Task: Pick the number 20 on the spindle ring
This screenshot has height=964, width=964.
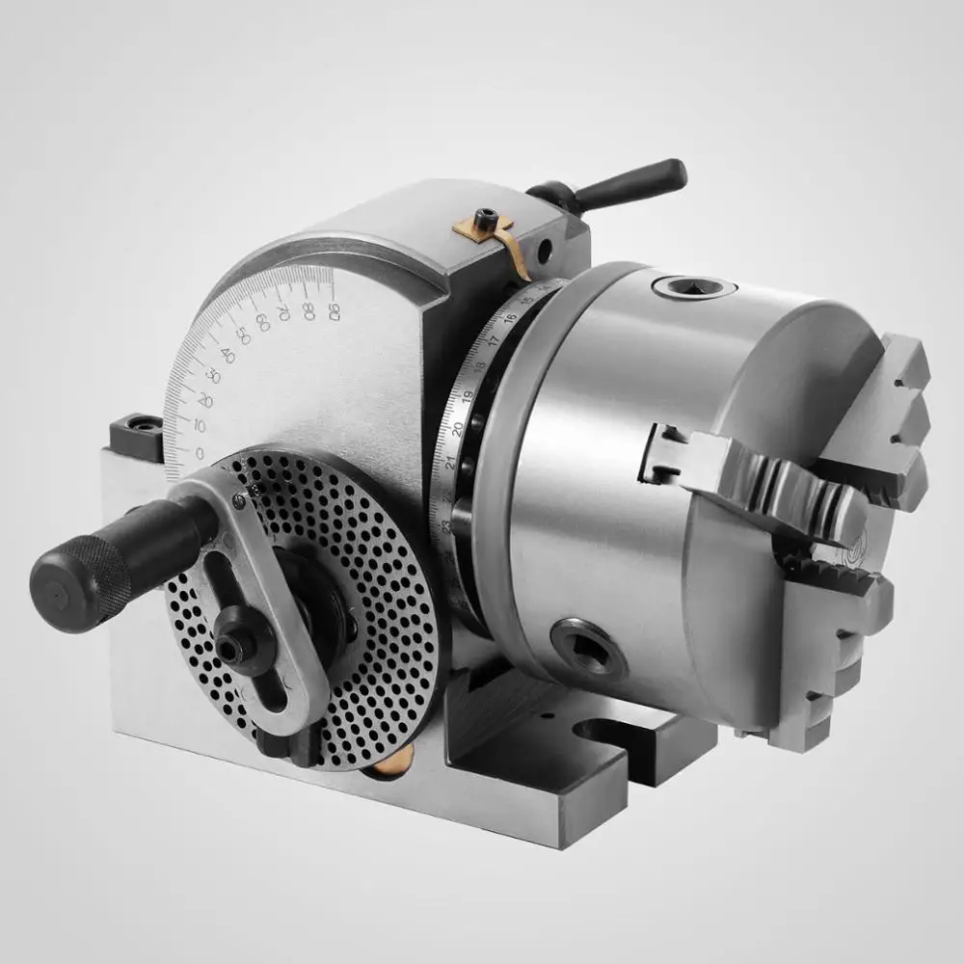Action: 458,427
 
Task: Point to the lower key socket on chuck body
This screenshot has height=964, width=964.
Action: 588,643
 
